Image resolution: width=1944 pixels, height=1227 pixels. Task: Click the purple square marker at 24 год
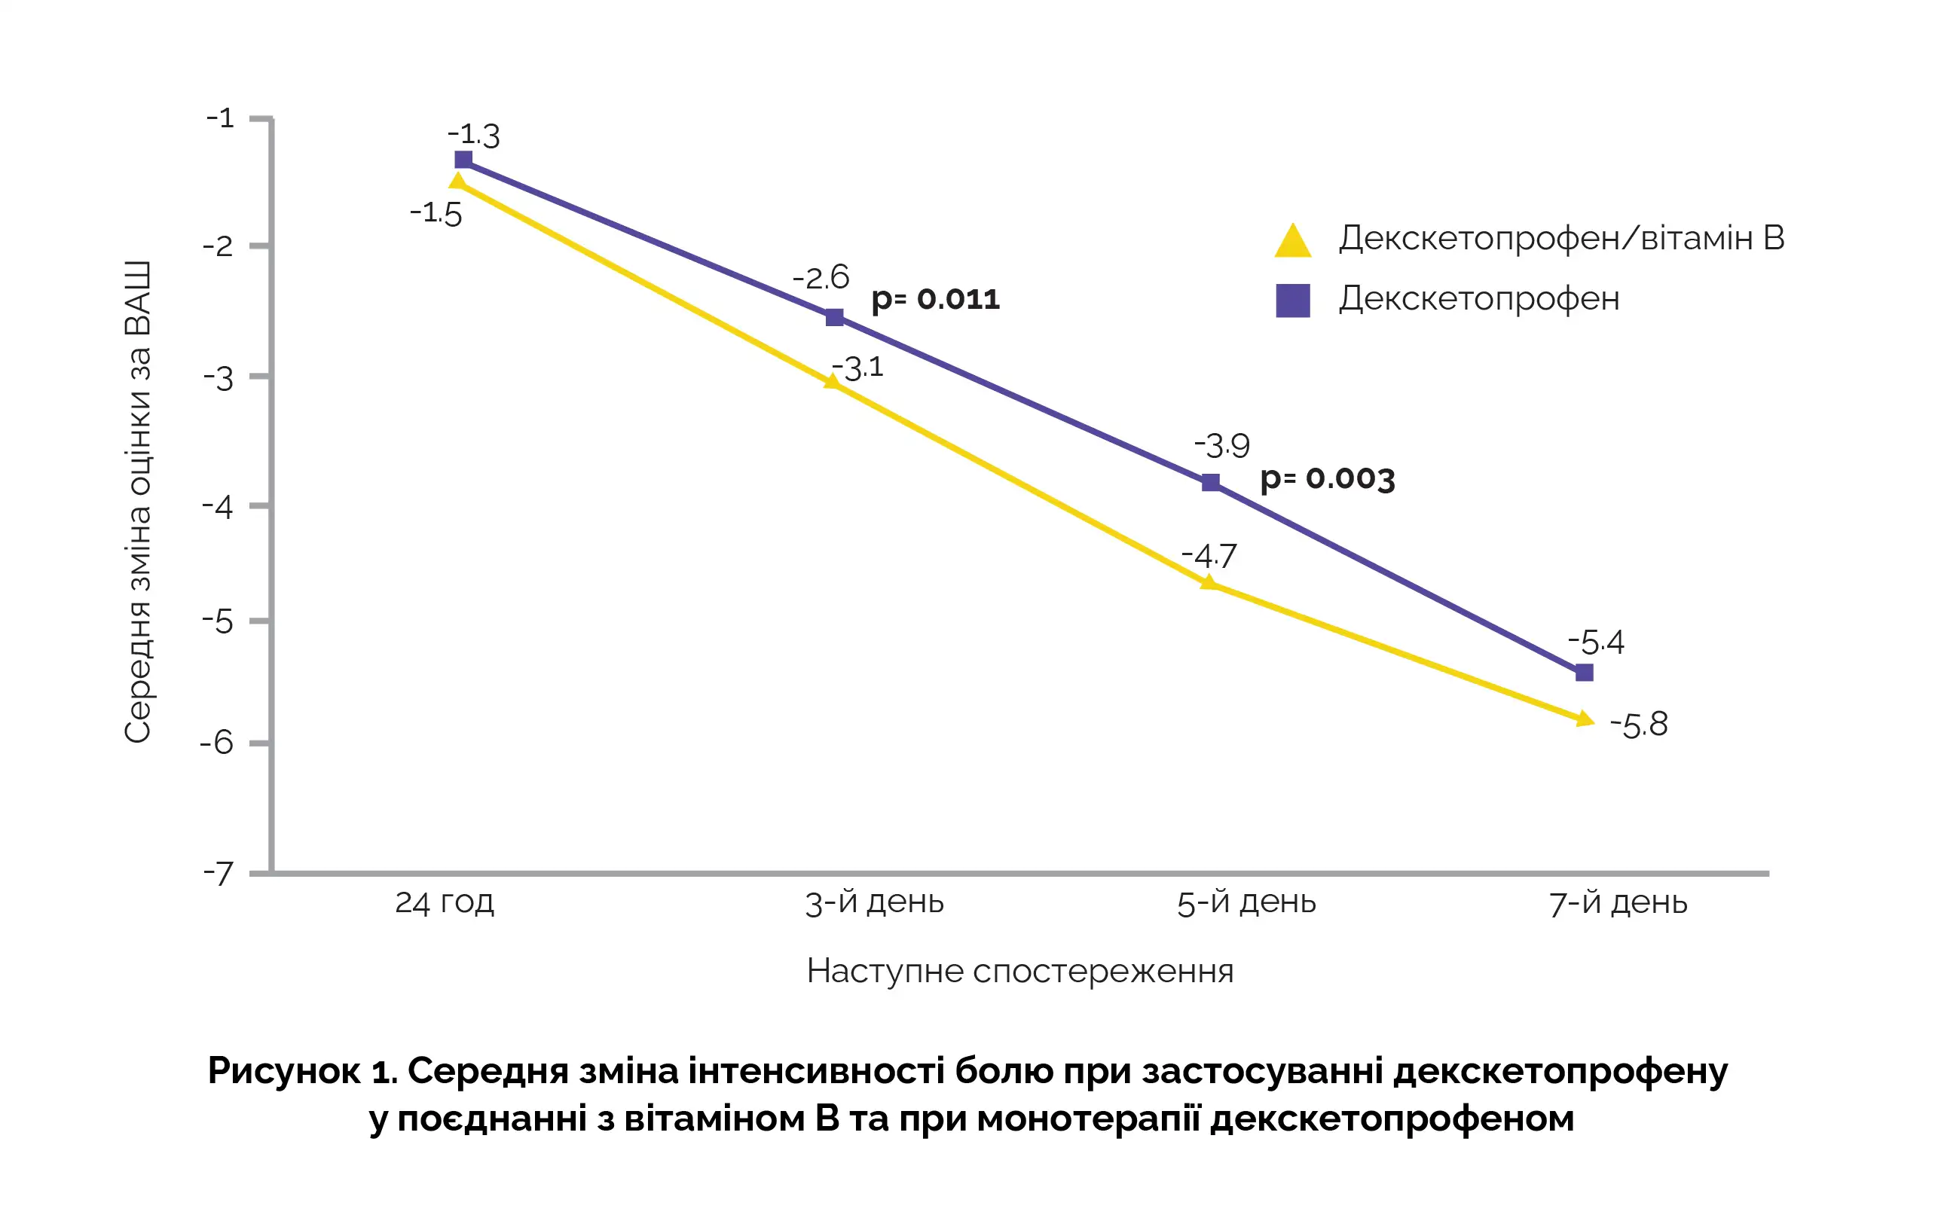point(463,160)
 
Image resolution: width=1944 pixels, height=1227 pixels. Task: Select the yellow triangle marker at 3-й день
point(833,381)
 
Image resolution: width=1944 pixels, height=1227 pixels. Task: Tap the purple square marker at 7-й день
point(1584,673)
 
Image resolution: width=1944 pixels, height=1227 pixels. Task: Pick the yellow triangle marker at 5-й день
point(1209,582)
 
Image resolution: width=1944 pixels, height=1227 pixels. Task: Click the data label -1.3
point(474,135)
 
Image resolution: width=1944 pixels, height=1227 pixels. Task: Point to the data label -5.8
point(1639,724)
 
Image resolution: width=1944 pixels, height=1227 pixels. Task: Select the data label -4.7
point(1209,555)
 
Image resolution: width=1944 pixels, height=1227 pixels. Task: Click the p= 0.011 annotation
point(936,300)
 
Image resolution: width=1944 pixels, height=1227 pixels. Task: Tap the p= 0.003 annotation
point(1327,479)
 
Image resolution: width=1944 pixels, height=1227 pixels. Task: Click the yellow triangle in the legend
point(1292,241)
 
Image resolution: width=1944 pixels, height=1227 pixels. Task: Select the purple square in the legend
point(1292,301)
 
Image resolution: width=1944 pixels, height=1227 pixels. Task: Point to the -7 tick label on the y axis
point(218,874)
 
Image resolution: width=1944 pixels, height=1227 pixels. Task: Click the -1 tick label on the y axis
point(220,119)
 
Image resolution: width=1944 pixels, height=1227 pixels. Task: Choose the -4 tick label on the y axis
point(218,507)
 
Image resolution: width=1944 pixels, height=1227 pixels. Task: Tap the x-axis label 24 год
point(444,902)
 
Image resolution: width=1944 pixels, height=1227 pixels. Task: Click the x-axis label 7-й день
point(1618,902)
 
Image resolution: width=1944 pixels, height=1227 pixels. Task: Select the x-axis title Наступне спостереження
point(1019,970)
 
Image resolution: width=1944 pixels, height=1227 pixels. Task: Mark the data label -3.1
point(858,368)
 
